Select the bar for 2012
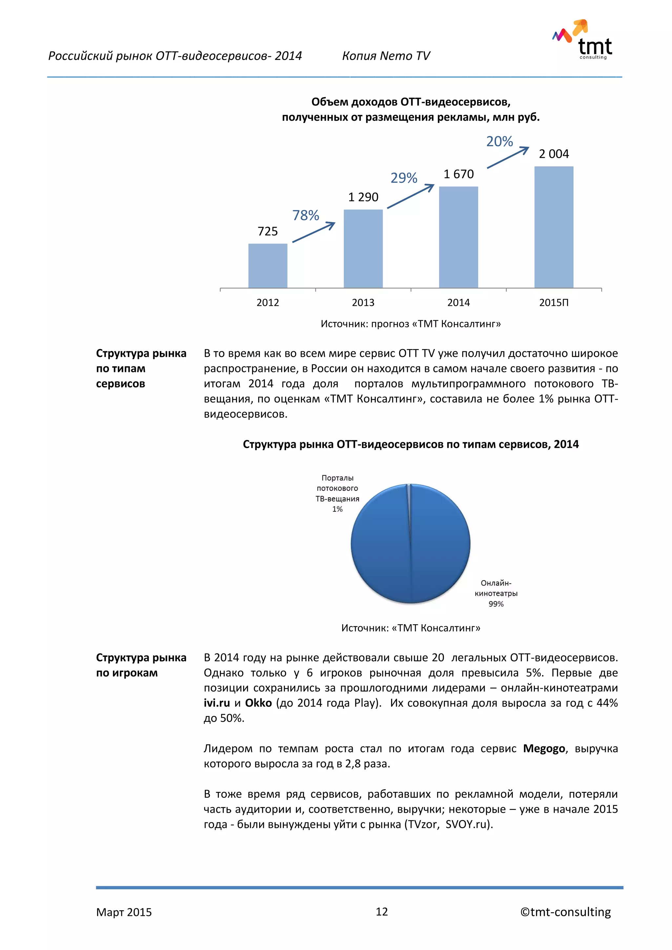click(x=268, y=266)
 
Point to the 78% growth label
click(x=305, y=216)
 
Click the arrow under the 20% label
click(x=508, y=158)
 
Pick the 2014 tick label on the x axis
click(x=458, y=302)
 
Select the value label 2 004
click(x=554, y=154)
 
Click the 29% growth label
click(x=404, y=178)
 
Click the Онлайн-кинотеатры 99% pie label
click(x=496, y=593)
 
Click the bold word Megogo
click(x=544, y=749)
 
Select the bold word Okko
click(x=258, y=703)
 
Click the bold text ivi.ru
click(x=217, y=703)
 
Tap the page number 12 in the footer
click(x=382, y=912)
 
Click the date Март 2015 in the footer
click(x=124, y=912)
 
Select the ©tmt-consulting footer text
click(x=565, y=912)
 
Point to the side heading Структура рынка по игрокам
click(x=141, y=665)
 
